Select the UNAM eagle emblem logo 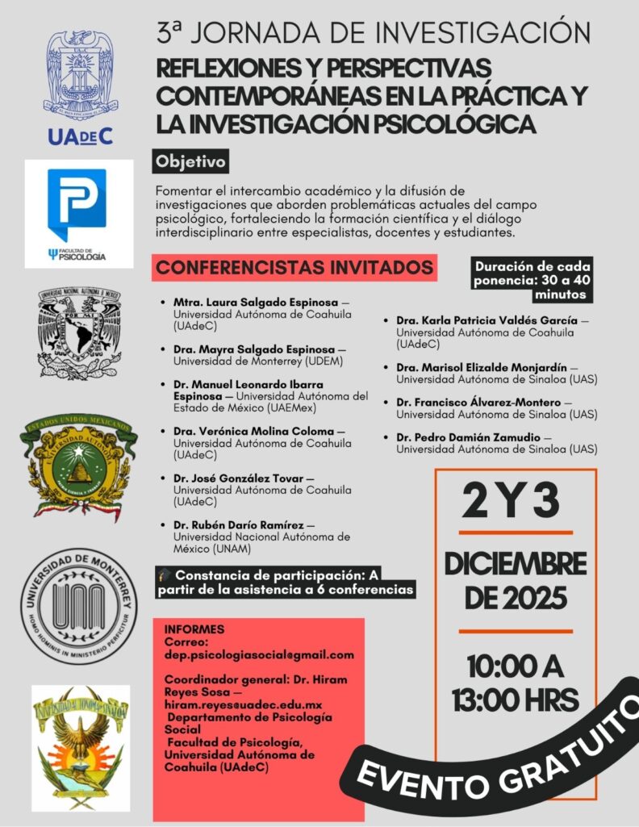tap(79, 333)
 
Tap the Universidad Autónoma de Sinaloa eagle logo tap(79, 746)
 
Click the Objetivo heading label tap(191, 161)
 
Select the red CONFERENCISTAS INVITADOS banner tap(295, 267)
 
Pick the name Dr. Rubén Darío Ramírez tap(238, 525)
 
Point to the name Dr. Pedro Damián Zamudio tap(468, 437)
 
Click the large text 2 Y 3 tap(512, 502)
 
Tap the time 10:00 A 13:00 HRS tap(514, 683)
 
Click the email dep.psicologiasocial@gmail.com tap(258, 654)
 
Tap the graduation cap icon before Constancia tap(165, 576)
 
